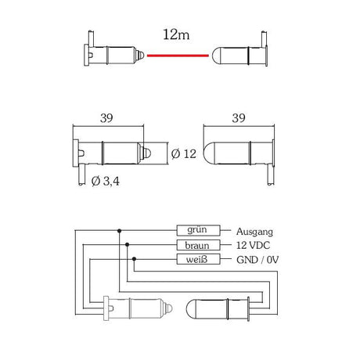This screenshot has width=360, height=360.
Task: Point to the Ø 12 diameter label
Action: [x=182, y=153]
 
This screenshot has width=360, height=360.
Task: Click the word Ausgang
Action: [x=254, y=232]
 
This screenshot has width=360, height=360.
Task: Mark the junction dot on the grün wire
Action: [x=118, y=231]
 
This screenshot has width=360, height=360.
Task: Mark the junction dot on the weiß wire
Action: [x=134, y=259]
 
